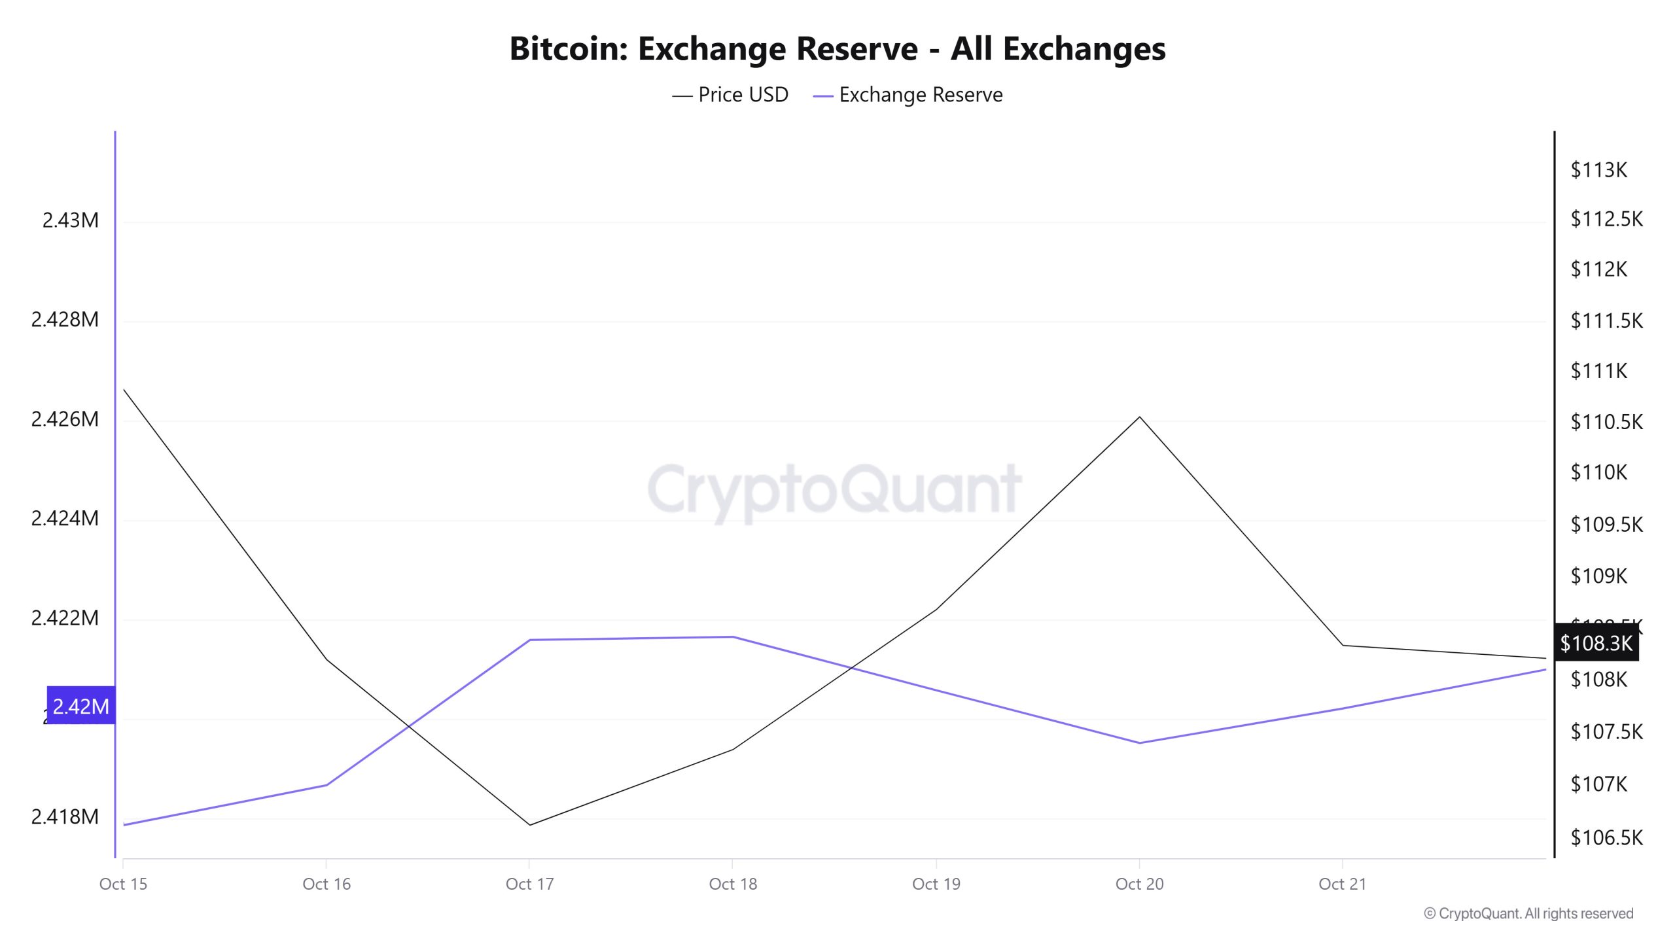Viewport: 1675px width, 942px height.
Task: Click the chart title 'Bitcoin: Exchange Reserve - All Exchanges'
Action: pyautogui.click(x=837, y=48)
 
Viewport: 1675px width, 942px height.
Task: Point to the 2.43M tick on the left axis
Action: pyautogui.click(x=70, y=220)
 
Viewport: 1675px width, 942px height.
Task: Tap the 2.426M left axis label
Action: pyautogui.click(x=65, y=419)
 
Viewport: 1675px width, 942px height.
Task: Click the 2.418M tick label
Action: pyautogui.click(x=65, y=816)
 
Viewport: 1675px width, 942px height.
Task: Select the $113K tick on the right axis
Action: pyautogui.click(x=1598, y=170)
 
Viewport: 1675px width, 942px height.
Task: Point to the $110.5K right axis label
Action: pyautogui.click(x=1606, y=422)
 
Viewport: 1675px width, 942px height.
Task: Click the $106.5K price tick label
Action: pyautogui.click(x=1606, y=837)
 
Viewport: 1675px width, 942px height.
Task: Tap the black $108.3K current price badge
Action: pyautogui.click(x=1596, y=643)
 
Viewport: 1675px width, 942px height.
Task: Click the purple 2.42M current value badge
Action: pyautogui.click(x=81, y=706)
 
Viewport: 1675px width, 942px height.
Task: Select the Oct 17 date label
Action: pyautogui.click(x=529, y=884)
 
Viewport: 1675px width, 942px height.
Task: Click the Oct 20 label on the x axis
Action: pyautogui.click(x=1139, y=884)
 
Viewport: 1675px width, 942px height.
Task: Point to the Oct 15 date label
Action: pyautogui.click(x=123, y=884)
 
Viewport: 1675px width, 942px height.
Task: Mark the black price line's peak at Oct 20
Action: pyautogui.click(x=1139, y=417)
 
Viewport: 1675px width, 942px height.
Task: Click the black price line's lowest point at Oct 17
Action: pyautogui.click(x=529, y=825)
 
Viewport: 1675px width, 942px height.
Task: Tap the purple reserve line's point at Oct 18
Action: pyautogui.click(x=733, y=637)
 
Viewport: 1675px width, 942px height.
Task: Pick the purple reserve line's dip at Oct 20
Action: pyautogui.click(x=1139, y=742)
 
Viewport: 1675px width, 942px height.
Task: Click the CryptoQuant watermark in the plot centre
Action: pyautogui.click(x=834, y=489)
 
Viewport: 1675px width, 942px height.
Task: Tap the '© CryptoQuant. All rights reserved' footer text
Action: pyautogui.click(x=1528, y=913)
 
